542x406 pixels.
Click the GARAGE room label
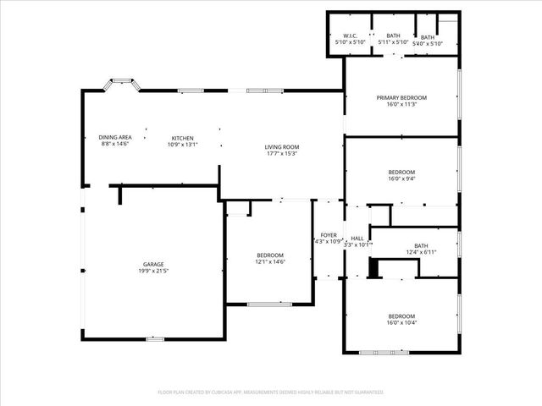pos(153,264)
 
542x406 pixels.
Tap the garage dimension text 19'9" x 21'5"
pos(153,272)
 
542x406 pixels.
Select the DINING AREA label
pos(114,137)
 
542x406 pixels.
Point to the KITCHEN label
pos(183,137)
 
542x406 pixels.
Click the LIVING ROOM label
pos(283,146)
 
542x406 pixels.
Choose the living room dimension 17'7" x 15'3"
pos(283,154)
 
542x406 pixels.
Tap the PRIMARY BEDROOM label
pos(401,97)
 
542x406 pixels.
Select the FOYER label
pos(329,234)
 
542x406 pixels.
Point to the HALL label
pos(357,238)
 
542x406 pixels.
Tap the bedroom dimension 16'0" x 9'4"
pos(401,178)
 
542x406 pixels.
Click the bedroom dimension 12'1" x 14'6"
pos(271,262)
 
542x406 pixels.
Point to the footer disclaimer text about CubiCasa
pos(271,392)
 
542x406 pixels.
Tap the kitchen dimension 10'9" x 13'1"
pos(183,145)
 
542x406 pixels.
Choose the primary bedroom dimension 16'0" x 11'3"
pos(401,105)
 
